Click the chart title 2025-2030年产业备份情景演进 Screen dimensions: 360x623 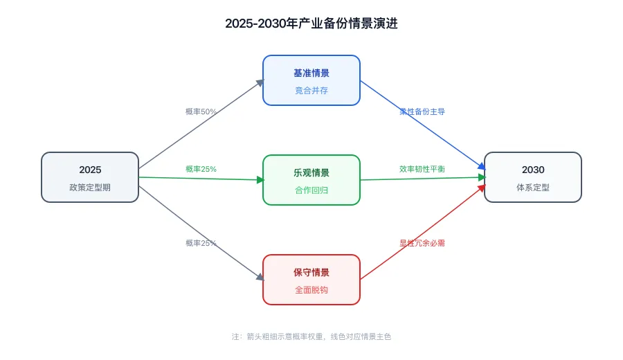point(311,23)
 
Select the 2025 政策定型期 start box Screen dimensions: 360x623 point(90,177)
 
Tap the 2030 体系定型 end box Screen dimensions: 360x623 point(533,177)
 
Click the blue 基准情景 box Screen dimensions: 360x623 point(311,80)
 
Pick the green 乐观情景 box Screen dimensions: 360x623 point(311,180)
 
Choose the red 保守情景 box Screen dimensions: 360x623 point(311,280)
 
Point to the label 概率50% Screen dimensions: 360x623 point(201,111)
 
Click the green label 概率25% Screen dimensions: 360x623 point(201,169)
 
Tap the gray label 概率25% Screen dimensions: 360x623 point(201,243)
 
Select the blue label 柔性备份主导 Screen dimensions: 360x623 point(422,111)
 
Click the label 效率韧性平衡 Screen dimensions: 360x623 point(422,169)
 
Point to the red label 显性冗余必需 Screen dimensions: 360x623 point(422,243)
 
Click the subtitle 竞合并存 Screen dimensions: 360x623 point(311,90)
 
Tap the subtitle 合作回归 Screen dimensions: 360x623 point(311,190)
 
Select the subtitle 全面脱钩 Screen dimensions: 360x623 point(311,289)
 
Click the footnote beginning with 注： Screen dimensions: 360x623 point(311,336)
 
